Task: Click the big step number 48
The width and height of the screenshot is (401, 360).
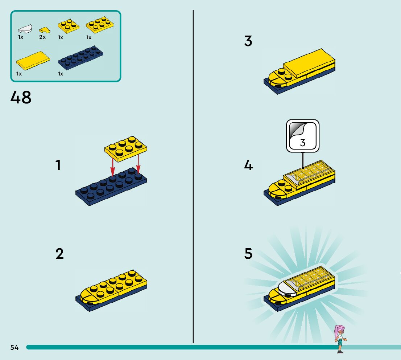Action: pos(21,98)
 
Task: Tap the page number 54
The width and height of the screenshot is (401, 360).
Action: pos(15,347)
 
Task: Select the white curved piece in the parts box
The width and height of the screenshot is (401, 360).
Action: pos(25,28)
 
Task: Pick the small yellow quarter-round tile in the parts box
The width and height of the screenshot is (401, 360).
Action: pos(45,30)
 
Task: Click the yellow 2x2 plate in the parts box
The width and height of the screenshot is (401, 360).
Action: pos(69,26)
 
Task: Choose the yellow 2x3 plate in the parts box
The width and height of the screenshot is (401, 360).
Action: pos(100,25)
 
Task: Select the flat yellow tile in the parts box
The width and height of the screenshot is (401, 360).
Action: pos(33,61)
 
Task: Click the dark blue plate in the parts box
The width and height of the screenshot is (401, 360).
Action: pos(80,58)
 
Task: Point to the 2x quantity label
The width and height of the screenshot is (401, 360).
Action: pos(42,37)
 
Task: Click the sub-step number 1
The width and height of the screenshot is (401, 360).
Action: pos(58,165)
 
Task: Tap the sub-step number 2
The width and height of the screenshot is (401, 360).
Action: pos(59,253)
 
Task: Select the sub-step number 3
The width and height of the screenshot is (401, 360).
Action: pos(248,41)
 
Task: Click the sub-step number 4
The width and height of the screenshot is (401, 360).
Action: pos(248,165)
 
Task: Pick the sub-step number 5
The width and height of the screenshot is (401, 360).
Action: pos(248,253)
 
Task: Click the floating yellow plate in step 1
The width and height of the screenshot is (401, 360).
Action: pos(125,149)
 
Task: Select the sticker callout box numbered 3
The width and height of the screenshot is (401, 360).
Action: pos(303,136)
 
